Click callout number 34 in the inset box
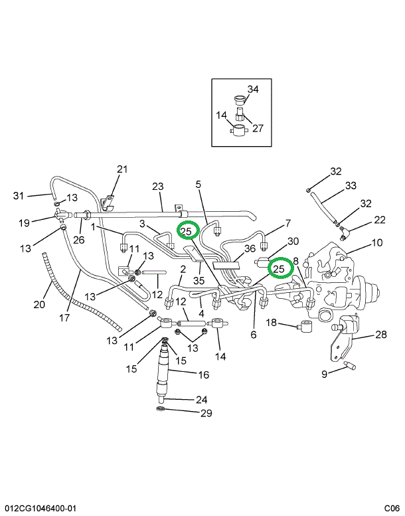[253, 89]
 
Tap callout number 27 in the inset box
[258, 128]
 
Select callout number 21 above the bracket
[121, 169]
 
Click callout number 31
[19, 195]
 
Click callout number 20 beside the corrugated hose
[39, 304]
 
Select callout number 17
[64, 317]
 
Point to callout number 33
[351, 185]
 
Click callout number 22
[379, 218]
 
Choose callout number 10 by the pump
[376, 242]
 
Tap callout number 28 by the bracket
[380, 334]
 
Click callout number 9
[325, 375]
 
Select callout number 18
[272, 322]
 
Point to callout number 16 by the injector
[203, 375]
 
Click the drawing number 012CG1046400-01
[39, 508]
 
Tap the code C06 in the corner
[392, 508]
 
